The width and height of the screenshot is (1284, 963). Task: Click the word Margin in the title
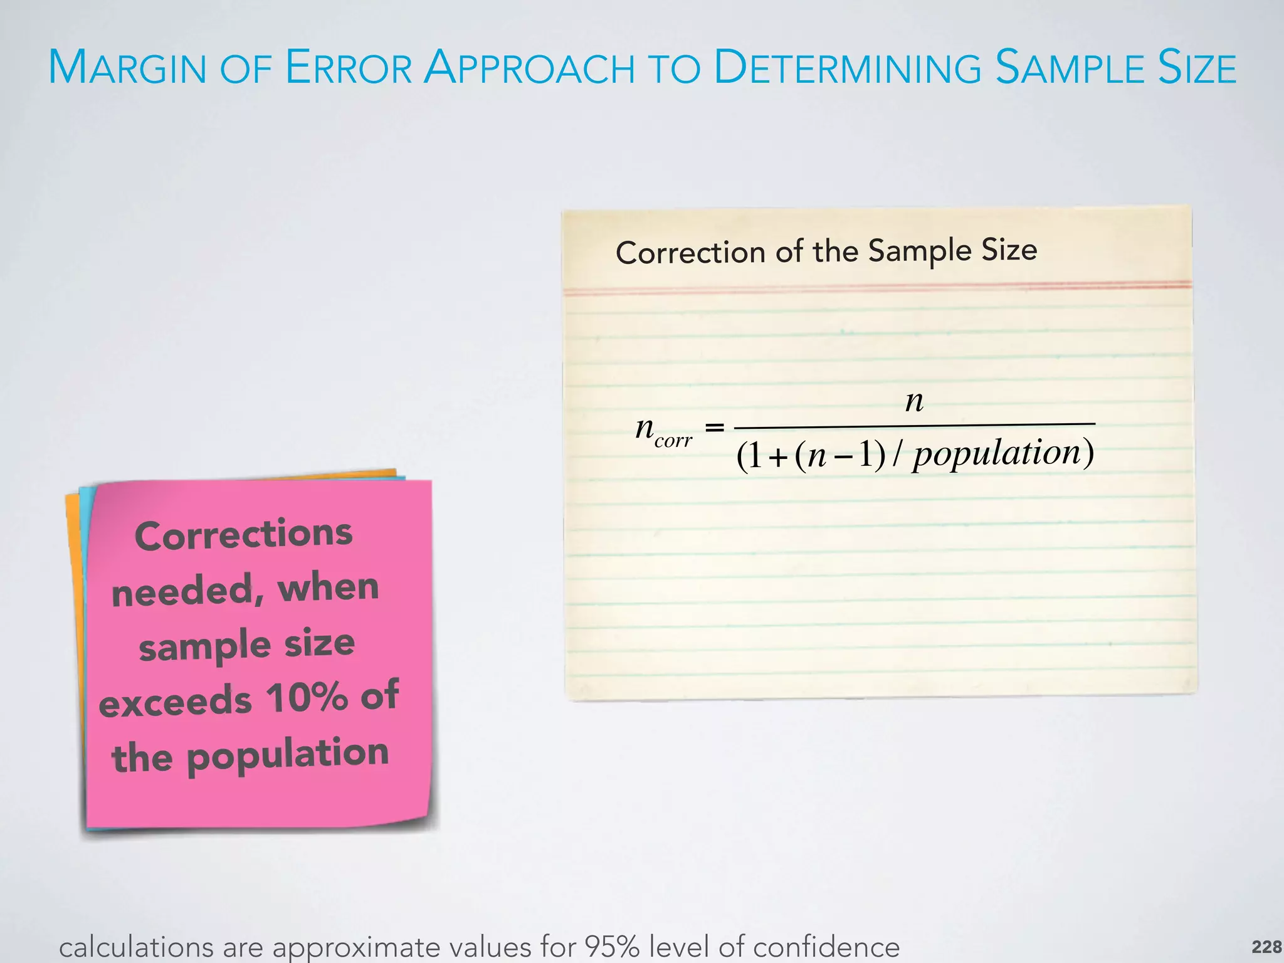tap(127, 68)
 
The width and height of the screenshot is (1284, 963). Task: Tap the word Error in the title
tap(349, 68)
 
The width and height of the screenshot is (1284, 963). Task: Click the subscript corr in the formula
tap(673, 440)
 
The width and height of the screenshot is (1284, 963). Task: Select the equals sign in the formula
tap(714, 428)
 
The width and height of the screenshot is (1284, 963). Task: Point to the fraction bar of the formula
tap(915, 426)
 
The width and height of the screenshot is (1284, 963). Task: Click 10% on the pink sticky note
tap(307, 697)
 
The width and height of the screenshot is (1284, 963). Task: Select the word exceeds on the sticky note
tap(175, 702)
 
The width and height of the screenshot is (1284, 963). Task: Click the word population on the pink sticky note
tap(288, 755)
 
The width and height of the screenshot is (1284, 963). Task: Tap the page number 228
tap(1266, 946)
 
